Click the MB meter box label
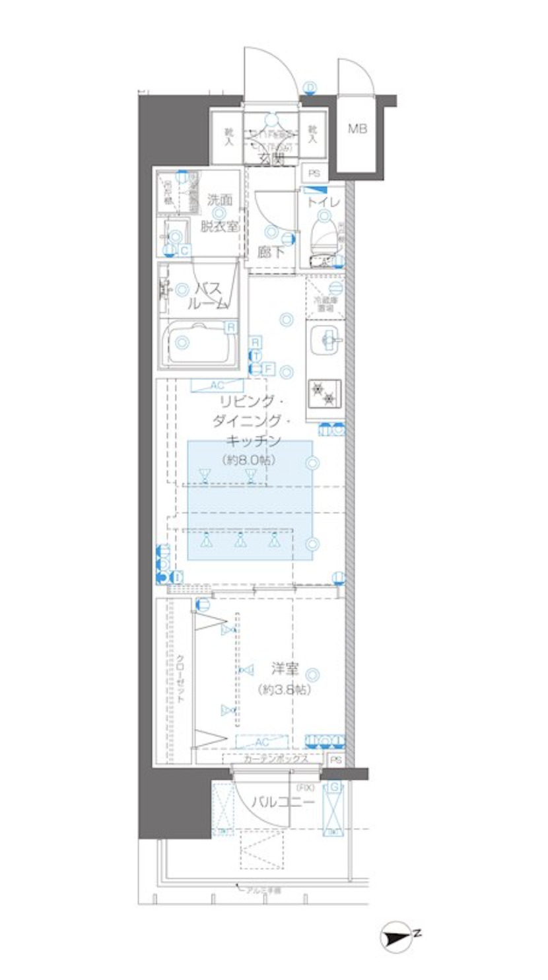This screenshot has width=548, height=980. [357, 129]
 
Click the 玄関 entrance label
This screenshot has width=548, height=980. [271, 158]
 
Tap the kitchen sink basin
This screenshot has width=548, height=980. [325, 340]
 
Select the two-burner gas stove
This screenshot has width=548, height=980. [324, 394]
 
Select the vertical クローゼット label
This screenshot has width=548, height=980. [180, 680]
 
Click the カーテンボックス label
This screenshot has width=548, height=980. [276, 759]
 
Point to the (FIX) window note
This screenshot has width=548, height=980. [306, 788]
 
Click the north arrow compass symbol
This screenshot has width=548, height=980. [398, 937]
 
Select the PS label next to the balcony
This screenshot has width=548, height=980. [335, 759]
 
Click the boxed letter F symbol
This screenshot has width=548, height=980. [269, 368]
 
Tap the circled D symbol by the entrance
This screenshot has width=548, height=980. [310, 88]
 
